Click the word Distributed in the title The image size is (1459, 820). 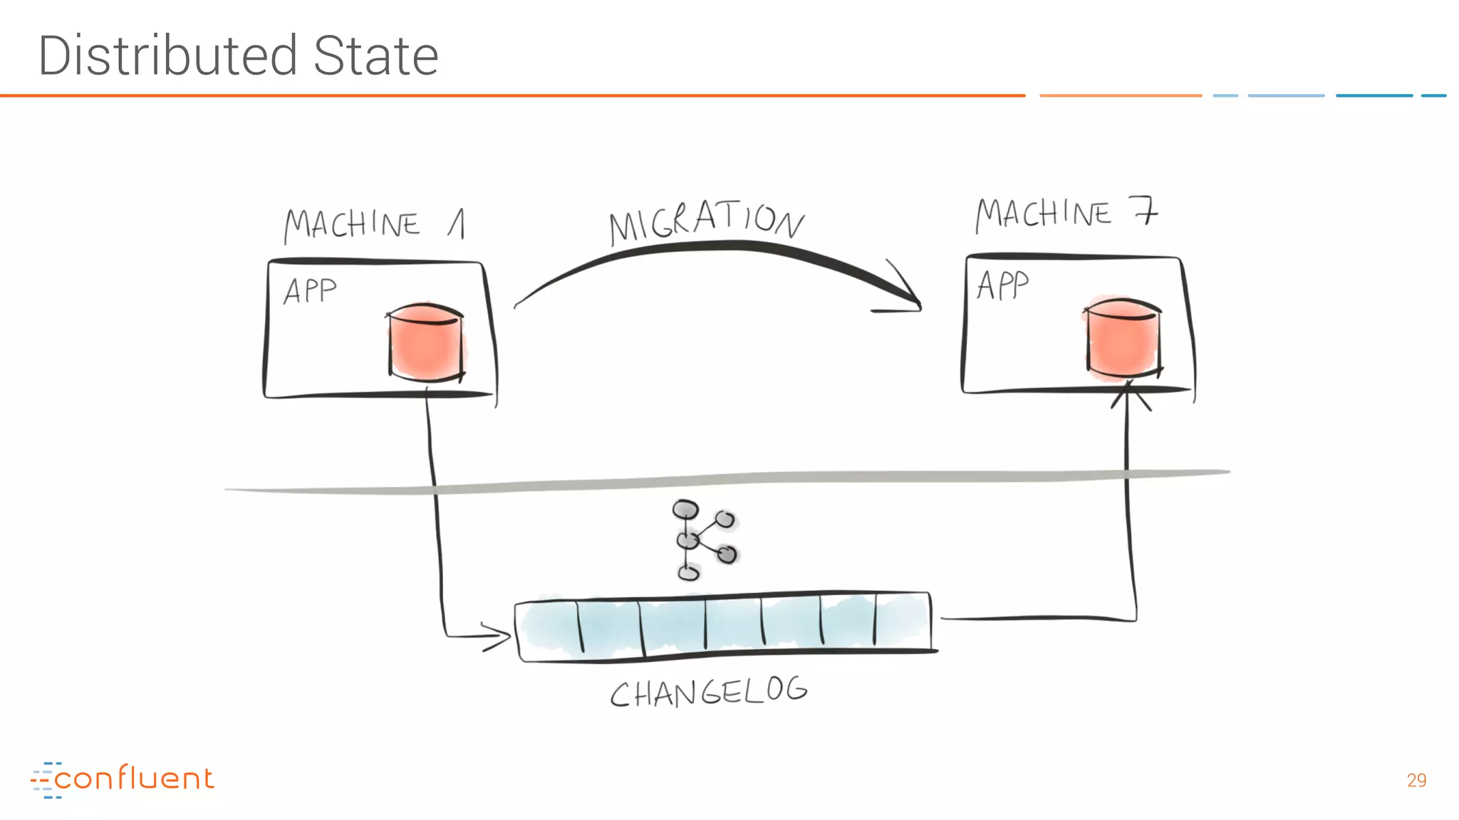point(167,56)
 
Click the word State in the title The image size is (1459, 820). point(375,56)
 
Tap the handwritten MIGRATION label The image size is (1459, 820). point(706,221)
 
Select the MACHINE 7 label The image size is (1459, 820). point(1066,214)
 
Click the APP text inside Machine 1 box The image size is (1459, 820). point(310,291)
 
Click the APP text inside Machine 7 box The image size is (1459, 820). point(1002,285)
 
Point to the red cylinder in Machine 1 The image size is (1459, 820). point(425,342)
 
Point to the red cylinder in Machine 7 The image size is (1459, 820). point(1122,337)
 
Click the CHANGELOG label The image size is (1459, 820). point(709,692)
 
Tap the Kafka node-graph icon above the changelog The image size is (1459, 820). point(703,540)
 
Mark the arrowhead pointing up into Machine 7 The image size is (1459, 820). point(1128,394)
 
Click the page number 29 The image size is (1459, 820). point(1416,780)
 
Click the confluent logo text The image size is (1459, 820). point(134,779)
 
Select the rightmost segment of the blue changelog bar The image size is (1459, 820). point(903,621)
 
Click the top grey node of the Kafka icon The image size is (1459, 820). point(685,510)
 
